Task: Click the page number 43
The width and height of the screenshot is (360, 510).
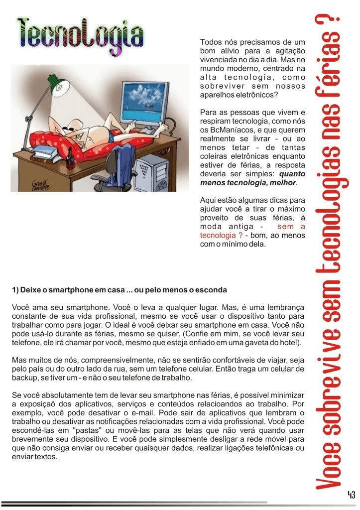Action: (x=351, y=495)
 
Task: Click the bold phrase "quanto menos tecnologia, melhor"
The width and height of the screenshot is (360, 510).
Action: (x=252, y=178)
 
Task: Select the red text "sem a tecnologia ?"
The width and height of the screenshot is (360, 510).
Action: (x=252, y=231)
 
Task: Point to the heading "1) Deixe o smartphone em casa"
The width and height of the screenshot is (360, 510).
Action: (x=120, y=290)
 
